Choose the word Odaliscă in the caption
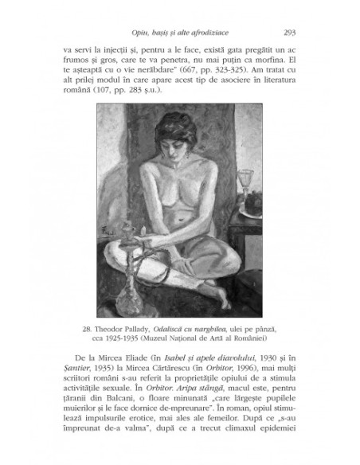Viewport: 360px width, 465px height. tap(179, 328)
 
